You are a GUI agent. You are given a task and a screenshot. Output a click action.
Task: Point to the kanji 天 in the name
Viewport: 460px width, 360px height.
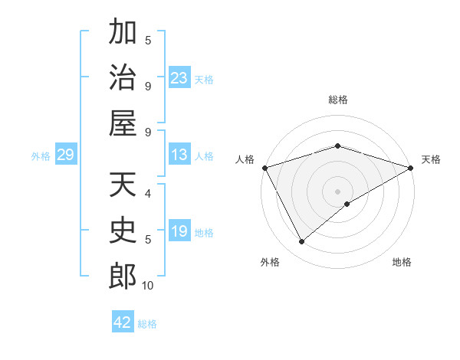coord(123,185)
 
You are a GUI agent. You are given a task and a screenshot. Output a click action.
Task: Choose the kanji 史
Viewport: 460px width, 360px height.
coord(123,231)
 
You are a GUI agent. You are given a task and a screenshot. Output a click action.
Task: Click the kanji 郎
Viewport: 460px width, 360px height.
coord(123,276)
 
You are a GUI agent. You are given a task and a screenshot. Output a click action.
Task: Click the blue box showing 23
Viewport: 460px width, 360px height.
coord(179,78)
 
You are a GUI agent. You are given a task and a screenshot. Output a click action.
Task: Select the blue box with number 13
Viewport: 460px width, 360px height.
coord(179,155)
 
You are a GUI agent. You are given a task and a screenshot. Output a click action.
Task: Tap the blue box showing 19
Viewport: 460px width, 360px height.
coord(179,232)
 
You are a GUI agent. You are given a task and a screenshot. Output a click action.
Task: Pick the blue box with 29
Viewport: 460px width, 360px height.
coord(65,155)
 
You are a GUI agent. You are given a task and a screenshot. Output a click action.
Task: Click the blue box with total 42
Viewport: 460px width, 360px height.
coord(123,322)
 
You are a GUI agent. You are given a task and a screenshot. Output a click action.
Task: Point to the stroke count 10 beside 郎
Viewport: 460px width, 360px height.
coord(148,286)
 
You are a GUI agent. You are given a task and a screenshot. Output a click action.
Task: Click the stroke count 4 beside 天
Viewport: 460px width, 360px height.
coord(148,194)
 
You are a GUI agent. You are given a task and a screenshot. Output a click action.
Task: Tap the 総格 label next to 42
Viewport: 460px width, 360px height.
coord(147,324)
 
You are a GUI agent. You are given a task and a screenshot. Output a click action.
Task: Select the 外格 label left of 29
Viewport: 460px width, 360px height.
coord(41,156)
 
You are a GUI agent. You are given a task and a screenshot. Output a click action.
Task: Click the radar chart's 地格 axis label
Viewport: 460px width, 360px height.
coord(402,262)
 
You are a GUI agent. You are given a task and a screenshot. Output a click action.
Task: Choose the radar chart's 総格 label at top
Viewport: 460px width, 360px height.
coord(337,100)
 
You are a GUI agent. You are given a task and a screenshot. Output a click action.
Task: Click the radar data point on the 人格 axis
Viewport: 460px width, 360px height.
coord(264,167)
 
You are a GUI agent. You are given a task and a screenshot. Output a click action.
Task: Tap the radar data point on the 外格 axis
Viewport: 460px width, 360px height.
coord(302,242)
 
